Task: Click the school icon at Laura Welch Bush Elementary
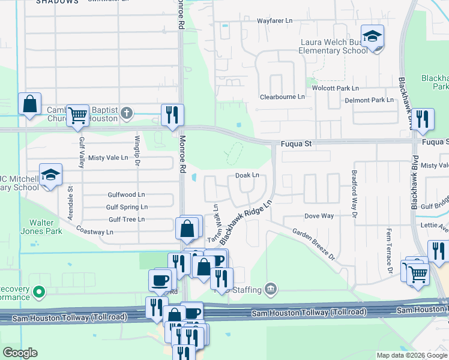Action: tap(372, 37)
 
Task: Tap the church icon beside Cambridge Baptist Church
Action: tap(126, 112)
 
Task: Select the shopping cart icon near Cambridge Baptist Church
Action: tap(77, 116)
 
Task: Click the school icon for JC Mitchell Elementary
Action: tap(51, 176)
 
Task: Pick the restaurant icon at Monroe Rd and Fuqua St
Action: tap(172, 114)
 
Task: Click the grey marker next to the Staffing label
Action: tap(271, 290)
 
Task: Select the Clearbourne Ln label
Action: tap(282, 97)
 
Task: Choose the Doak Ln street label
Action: tap(247, 175)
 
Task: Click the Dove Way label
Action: tap(319, 215)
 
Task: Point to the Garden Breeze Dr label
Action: tap(314, 242)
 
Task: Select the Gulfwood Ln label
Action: tap(126, 195)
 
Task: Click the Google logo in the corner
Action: tap(20, 353)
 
